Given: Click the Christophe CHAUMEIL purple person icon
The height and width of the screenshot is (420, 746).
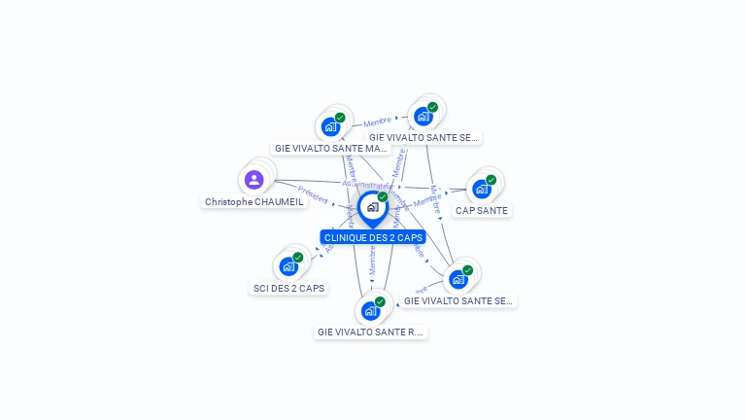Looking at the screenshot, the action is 254,180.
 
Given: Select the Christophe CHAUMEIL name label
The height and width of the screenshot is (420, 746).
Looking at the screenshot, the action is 254,202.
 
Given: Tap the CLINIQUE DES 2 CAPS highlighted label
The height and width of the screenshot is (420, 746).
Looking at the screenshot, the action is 373,237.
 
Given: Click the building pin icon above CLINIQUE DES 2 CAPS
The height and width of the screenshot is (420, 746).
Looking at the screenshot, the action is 372,207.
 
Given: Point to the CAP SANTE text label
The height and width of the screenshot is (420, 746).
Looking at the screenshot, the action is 481,211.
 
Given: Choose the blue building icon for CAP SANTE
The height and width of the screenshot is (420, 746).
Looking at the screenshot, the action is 481,189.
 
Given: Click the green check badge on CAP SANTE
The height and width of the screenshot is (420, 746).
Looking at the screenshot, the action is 491,180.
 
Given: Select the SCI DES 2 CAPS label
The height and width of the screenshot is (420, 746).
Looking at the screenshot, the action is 288,289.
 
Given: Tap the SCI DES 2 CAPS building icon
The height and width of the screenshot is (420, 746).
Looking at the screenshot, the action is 288,266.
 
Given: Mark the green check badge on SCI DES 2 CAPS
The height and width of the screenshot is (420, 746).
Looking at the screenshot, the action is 297,258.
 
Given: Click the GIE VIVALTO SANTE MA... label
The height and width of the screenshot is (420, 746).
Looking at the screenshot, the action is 331,149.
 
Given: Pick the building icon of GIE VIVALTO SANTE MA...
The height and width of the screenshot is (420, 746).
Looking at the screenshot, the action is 330,126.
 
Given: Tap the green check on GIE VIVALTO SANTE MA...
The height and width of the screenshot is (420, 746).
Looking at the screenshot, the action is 340,118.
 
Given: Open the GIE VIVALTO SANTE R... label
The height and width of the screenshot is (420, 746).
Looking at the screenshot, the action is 370,332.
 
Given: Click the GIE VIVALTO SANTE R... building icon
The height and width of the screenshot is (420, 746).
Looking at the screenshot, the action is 370,311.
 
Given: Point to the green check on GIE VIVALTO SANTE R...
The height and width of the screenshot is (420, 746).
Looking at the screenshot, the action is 380,301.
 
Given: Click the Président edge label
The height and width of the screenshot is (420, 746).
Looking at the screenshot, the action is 313,194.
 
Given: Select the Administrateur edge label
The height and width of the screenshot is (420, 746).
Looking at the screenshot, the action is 367,184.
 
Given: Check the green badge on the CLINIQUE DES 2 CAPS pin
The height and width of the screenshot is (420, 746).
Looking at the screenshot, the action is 383,197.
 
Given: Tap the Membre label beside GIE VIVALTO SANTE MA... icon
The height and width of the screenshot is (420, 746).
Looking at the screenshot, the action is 378,122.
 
